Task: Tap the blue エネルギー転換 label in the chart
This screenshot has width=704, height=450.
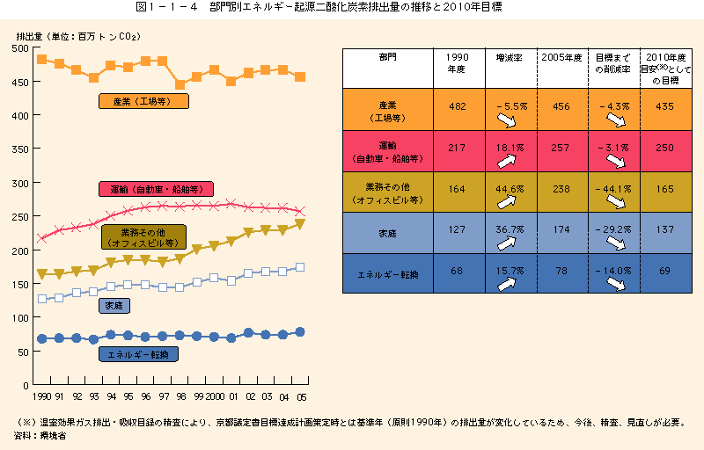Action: pos(139,354)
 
